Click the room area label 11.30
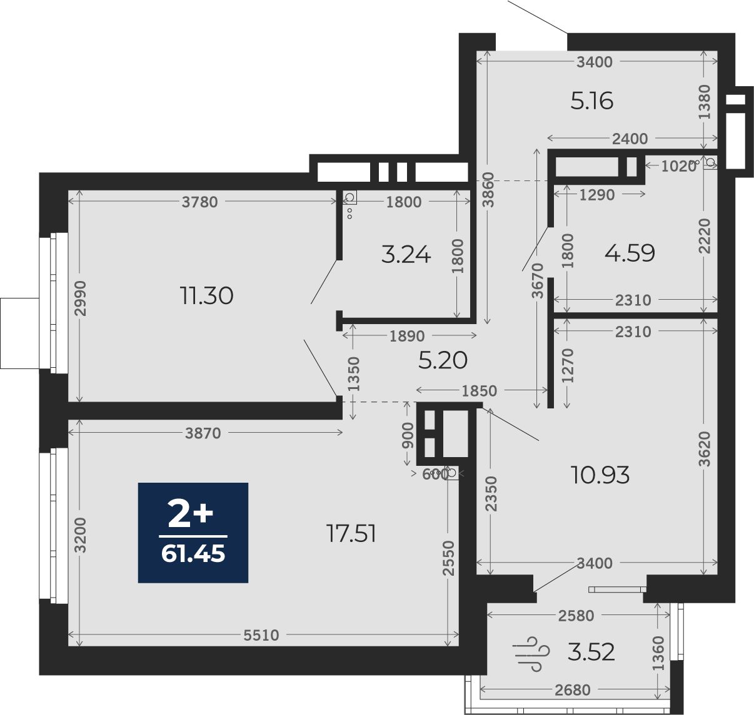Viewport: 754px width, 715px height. [x=206, y=296]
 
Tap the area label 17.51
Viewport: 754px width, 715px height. [x=351, y=534]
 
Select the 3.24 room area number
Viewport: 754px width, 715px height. [x=406, y=255]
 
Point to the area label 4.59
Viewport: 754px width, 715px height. [x=630, y=253]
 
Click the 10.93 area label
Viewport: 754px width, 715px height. [x=600, y=475]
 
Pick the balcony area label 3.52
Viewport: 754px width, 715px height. [x=591, y=652]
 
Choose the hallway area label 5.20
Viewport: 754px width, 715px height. [x=443, y=360]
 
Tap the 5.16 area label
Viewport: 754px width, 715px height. [x=592, y=102]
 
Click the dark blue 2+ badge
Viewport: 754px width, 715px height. [x=193, y=533]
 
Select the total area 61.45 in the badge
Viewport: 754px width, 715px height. [x=193, y=554]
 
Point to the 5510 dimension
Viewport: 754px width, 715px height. [x=261, y=635]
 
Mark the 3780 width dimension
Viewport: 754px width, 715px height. [x=199, y=202]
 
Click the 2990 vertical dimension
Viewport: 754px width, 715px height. [x=81, y=298]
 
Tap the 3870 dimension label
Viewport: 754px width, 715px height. [x=203, y=433]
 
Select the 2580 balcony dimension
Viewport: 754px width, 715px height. [x=576, y=615]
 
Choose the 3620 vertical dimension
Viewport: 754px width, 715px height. [x=705, y=449]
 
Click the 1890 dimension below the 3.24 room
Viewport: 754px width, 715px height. [x=407, y=336]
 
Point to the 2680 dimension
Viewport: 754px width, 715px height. [x=573, y=690]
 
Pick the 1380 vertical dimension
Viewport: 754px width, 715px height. [x=705, y=102]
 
